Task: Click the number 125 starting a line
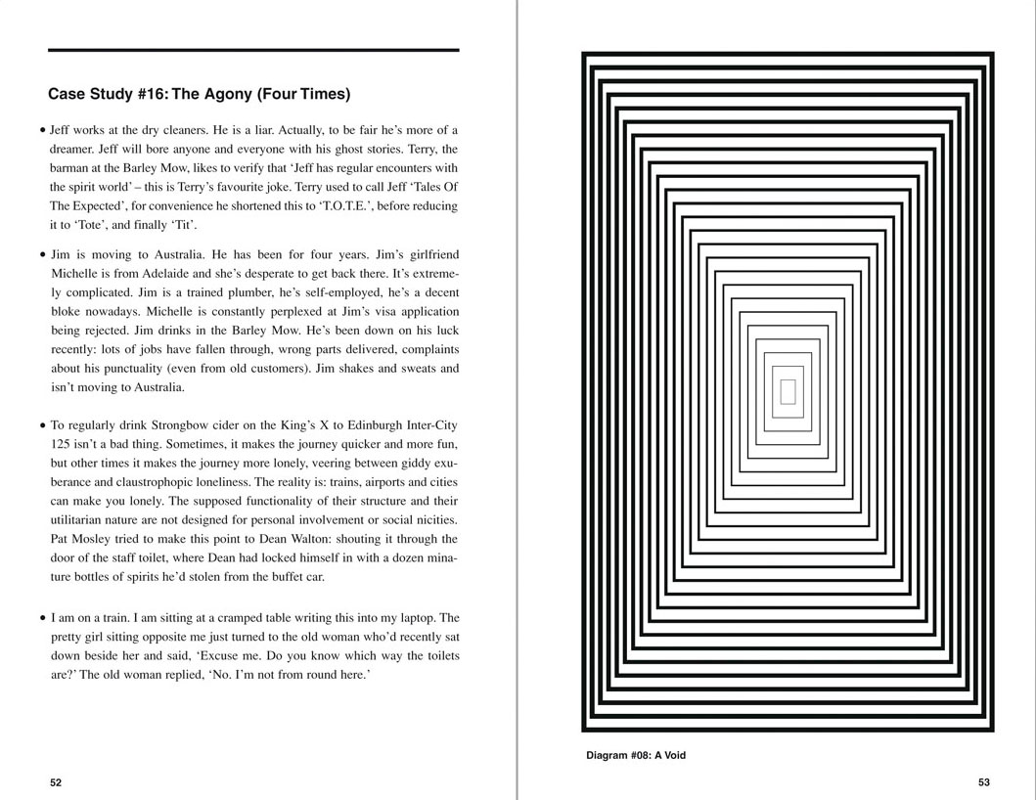tap(62, 444)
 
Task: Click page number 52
tap(56, 782)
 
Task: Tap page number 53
tap(983, 782)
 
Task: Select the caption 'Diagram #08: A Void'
tap(636, 755)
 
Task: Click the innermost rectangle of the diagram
tap(788, 392)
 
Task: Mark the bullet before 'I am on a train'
tap(43, 619)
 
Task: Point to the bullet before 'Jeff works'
tap(43, 130)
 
